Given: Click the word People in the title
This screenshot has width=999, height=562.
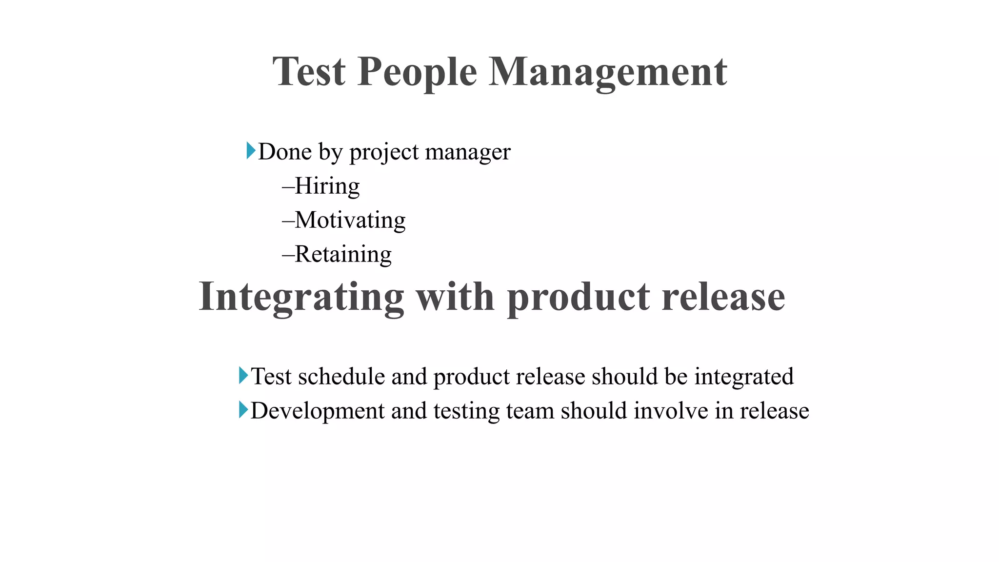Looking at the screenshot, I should pos(417,72).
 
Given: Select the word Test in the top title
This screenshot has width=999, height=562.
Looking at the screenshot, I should pos(309,72).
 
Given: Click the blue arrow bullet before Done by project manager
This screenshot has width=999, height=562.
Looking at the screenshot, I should pos(251,151).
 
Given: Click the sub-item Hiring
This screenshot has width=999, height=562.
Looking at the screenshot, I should pos(327,186).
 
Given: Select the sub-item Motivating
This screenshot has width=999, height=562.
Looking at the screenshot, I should pos(350,221).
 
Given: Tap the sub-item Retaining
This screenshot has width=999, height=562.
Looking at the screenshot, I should pos(343,255).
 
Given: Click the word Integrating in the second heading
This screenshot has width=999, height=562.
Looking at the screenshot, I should pos(301,297).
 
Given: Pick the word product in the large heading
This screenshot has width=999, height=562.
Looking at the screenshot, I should pos(578,297).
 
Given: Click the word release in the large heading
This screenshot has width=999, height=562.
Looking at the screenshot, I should pos(723,297).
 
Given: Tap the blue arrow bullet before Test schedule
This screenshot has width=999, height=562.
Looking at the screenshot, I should pos(243,376).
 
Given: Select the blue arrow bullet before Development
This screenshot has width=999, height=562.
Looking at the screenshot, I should pos(243,410).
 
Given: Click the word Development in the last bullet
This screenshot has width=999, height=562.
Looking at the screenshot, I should pos(318,411).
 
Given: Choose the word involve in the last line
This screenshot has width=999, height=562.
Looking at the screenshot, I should pos(671,411).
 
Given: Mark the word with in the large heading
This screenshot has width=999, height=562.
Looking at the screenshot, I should pos(455,297).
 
